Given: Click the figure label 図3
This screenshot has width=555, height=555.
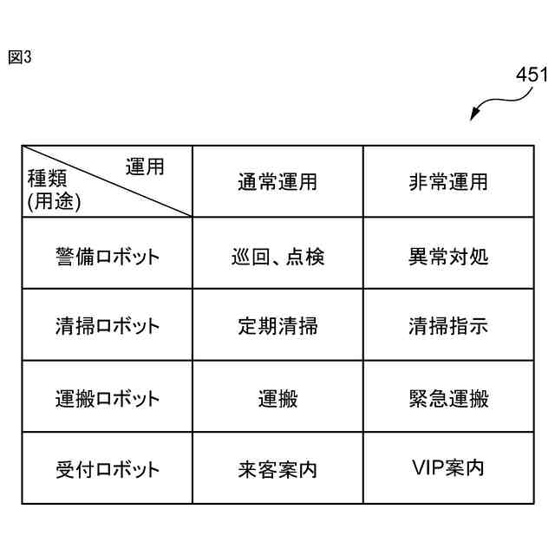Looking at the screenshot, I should (19, 57).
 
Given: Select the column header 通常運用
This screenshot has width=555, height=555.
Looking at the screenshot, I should (277, 182).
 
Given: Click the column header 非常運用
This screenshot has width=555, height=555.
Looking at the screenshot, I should (448, 182).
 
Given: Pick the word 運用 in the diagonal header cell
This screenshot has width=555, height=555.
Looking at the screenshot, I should (145, 167).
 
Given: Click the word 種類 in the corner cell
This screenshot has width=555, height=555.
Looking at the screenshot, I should (48, 183).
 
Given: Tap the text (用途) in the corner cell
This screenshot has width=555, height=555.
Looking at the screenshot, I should (54, 203).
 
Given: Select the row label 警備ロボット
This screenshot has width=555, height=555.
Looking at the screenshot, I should (107, 257).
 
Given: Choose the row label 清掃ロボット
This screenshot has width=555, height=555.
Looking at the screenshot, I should (107, 327).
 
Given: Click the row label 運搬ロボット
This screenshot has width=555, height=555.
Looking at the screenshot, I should (107, 399).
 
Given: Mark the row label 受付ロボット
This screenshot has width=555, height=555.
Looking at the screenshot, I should (107, 470).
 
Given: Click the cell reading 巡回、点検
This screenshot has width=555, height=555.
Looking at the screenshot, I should (277, 257).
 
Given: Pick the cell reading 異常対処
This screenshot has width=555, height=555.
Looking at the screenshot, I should (448, 257).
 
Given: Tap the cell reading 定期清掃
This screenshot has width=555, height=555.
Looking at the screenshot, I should (277, 327).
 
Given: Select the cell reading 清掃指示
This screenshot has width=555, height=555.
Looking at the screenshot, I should (448, 327).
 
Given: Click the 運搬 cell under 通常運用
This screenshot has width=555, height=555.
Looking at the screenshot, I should (277, 399).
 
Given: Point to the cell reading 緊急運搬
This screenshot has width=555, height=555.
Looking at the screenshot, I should (448, 399).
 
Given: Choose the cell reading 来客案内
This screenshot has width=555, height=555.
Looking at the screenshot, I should (277, 470).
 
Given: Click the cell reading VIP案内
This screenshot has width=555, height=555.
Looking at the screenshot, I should (448, 468).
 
